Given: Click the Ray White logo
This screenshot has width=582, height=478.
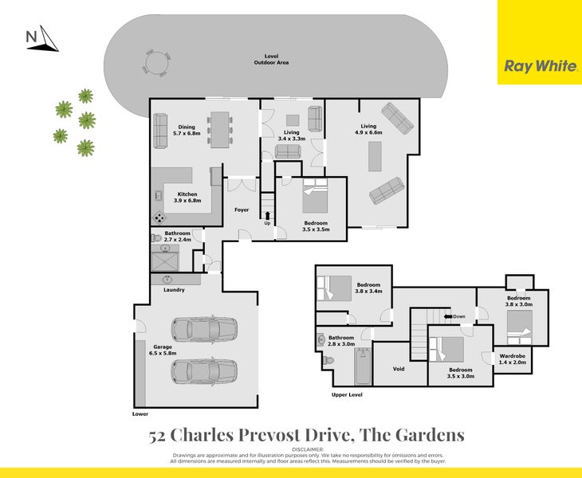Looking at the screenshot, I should (x=540, y=66).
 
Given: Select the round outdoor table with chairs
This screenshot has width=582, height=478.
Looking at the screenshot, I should (x=157, y=61).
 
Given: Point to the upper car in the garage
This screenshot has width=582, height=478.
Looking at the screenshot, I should (x=204, y=329).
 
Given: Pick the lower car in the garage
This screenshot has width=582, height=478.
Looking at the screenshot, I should (x=204, y=371).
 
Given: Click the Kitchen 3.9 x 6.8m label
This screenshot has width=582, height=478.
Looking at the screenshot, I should (x=187, y=198).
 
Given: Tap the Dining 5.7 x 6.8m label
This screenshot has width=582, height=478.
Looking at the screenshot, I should (x=187, y=131).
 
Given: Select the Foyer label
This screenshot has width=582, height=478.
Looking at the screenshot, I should (x=242, y=210).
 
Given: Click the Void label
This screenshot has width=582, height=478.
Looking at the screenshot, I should (x=399, y=369).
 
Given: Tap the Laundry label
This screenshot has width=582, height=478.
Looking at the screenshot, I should (x=174, y=290).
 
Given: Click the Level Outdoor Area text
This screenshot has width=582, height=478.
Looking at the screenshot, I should (x=271, y=59).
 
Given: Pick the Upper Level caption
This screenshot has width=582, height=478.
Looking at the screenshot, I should (x=347, y=395).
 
